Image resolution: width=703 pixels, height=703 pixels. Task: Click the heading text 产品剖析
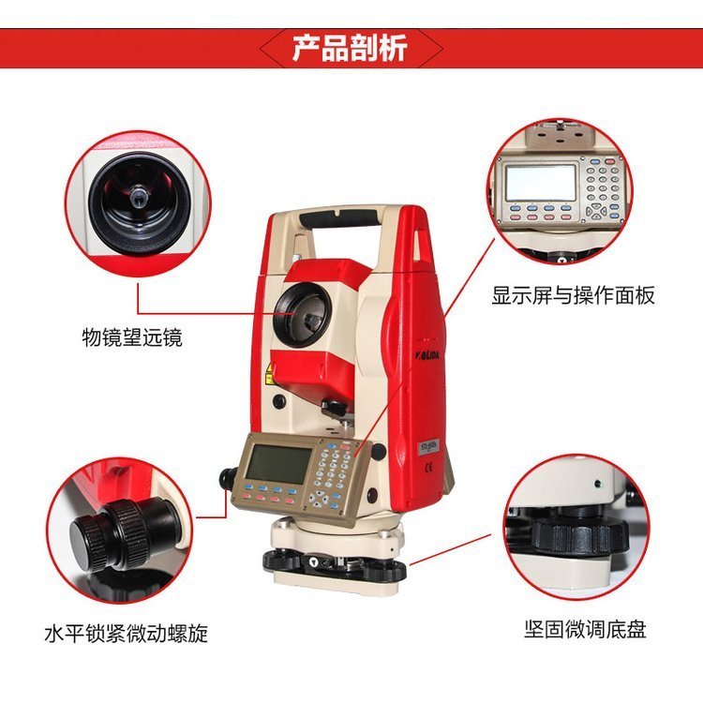tap(350, 48)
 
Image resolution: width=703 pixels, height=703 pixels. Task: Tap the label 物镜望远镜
tap(132, 337)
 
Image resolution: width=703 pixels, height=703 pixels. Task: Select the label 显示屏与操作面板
tap(573, 295)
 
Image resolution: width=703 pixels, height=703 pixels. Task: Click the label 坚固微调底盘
tap(586, 629)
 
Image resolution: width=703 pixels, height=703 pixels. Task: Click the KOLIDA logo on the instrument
tap(426, 355)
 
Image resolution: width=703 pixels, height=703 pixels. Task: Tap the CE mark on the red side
tap(428, 467)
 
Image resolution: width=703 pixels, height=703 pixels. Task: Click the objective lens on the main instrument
tap(304, 315)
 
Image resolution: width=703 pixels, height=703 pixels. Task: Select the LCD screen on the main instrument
tap(278, 464)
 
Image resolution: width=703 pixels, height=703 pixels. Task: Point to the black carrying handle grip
tap(338, 217)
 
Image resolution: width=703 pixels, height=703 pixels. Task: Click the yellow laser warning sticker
tap(269, 373)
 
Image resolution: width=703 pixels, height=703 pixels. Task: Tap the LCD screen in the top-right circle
tap(540, 183)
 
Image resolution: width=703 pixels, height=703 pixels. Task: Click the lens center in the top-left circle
tap(138, 197)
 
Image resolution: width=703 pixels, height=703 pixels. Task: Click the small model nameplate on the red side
tap(427, 447)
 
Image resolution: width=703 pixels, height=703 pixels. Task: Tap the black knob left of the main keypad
tap(228, 478)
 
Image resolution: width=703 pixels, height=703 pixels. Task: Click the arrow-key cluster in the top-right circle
tap(596, 212)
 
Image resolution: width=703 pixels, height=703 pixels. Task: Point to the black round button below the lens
tap(279, 400)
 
